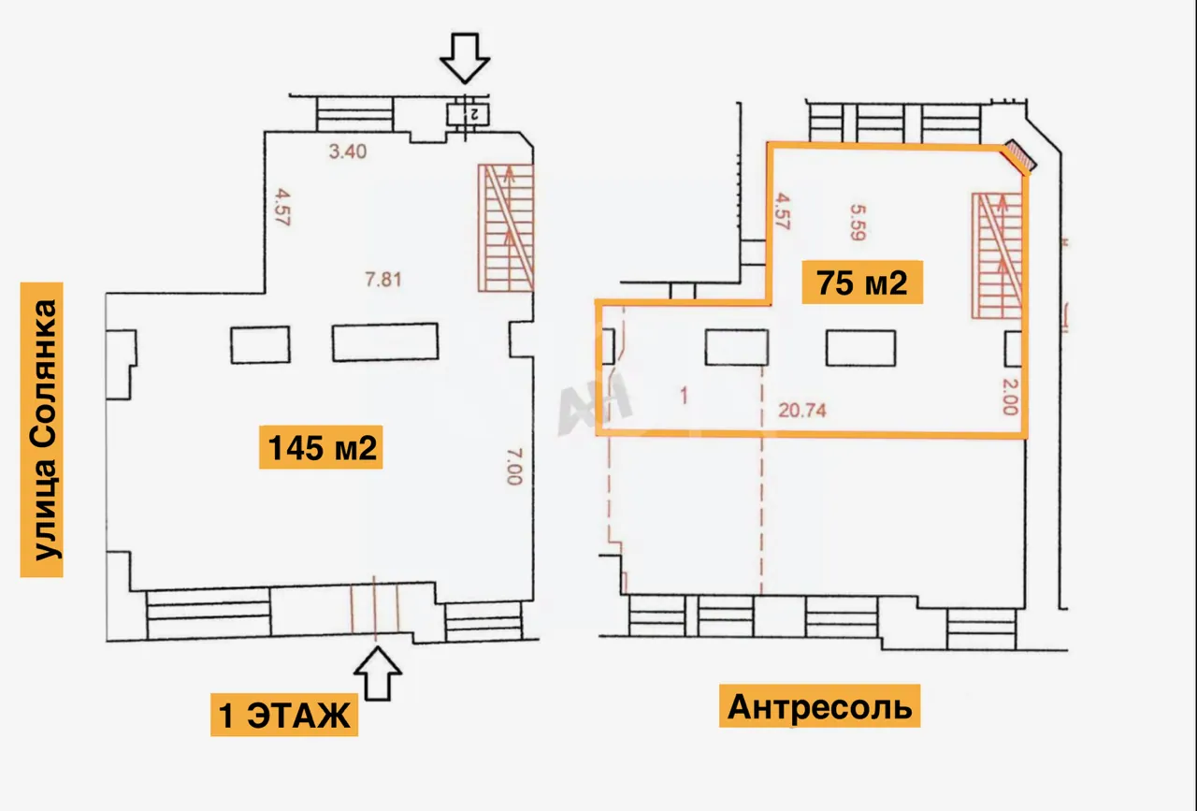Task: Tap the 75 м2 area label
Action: tap(862, 282)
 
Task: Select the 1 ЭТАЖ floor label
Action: tap(284, 715)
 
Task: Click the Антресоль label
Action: tap(820, 706)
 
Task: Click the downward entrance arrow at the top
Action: tap(465, 58)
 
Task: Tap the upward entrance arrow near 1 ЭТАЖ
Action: tap(378, 673)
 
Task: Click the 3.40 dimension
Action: tap(348, 152)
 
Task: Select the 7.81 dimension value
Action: tap(383, 279)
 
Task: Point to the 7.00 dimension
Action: tap(514, 466)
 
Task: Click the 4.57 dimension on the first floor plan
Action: tap(282, 207)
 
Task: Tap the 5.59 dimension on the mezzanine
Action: tap(858, 223)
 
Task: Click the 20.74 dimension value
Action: tap(802, 410)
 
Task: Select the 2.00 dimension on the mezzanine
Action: tap(1010, 397)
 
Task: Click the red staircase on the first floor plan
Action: tap(506, 227)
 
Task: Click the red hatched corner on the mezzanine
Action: tap(1019, 156)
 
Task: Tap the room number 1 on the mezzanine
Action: tap(684, 396)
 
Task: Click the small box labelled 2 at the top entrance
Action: tap(468, 114)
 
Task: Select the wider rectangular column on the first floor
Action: tap(385, 342)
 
